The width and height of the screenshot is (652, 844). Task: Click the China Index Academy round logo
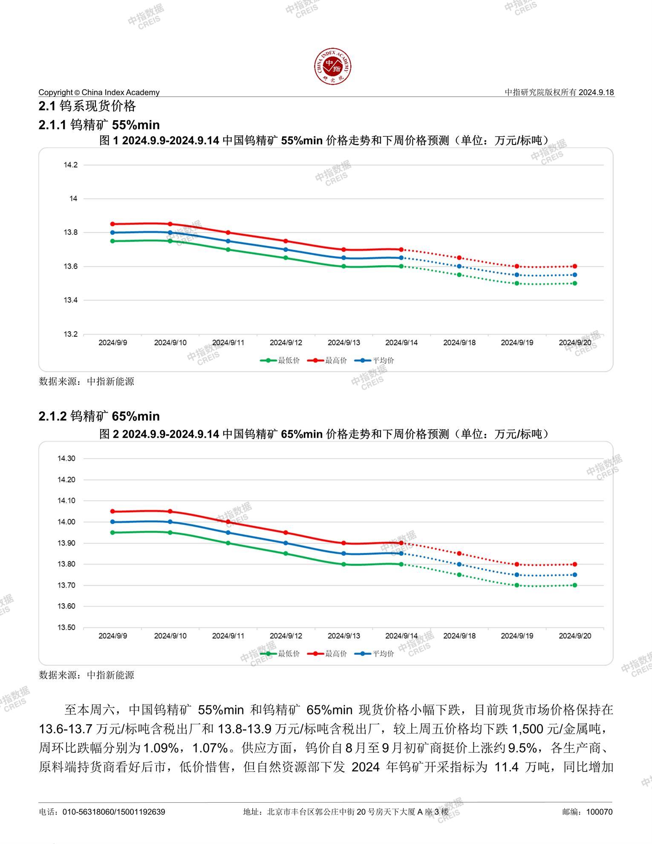(333, 66)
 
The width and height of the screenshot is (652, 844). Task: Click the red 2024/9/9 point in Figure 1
(113, 224)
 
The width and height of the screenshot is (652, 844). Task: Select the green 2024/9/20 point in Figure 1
(575, 283)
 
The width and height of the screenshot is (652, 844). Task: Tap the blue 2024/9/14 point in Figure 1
(401, 258)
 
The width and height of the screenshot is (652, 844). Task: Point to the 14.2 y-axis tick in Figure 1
(71, 165)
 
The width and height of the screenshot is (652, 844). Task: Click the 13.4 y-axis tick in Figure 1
(71, 300)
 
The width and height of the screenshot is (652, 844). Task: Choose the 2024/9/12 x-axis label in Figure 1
(286, 342)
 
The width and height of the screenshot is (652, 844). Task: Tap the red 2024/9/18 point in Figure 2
(459, 553)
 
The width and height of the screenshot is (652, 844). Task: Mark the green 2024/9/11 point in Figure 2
(228, 543)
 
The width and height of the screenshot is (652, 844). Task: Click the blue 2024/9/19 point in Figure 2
(517, 575)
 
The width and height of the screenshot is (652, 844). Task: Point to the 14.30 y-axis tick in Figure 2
(66, 459)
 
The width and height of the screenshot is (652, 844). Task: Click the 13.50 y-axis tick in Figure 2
(66, 627)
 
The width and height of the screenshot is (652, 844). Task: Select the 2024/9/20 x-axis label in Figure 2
(575, 636)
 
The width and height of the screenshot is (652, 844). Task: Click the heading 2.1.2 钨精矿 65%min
(99, 416)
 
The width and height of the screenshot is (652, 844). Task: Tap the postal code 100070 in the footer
(599, 812)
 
